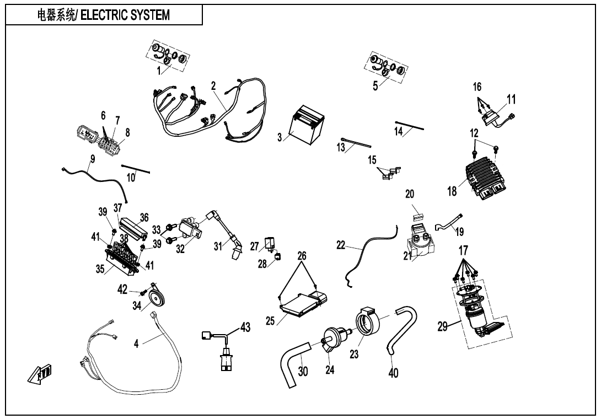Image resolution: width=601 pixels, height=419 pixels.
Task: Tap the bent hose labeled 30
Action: [292, 361]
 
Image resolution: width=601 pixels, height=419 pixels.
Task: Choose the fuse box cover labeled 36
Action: [135, 224]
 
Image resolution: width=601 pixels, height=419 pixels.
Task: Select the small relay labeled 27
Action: [270, 242]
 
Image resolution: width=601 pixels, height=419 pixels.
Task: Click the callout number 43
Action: [245, 327]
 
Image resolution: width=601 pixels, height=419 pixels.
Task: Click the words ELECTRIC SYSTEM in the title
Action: [127, 15]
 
